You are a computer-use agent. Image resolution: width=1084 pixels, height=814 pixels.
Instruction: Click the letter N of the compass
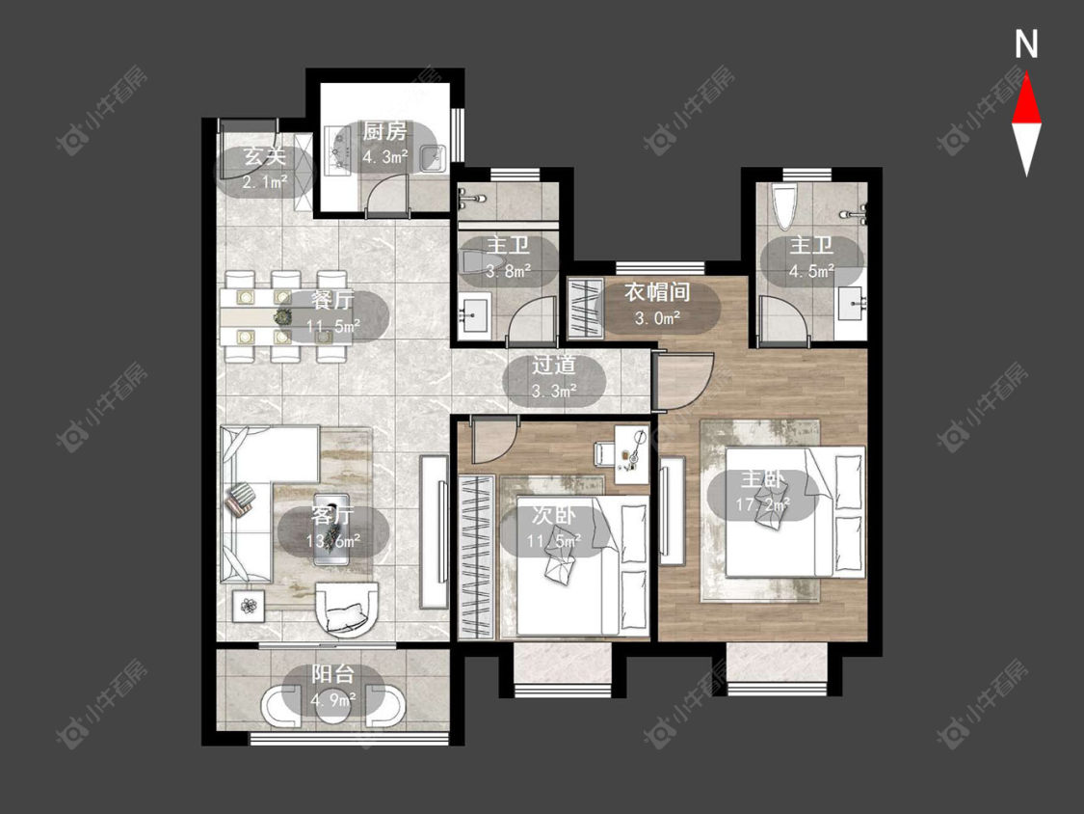[x=1026, y=45]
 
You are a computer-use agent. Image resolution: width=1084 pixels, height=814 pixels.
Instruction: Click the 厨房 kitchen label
[x=384, y=131]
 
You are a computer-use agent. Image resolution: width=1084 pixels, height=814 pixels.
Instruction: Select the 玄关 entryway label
[x=264, y=156]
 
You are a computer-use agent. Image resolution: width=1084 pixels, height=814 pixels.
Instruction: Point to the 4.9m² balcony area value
[x=333, y=699]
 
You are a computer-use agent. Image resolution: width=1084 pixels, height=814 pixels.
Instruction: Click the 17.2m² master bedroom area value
[x=762, y=504]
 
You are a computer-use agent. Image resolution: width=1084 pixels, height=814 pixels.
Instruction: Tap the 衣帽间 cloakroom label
[x=657, y=292]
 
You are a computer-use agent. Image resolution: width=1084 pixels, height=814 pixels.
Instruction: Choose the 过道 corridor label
[x=554, y=365]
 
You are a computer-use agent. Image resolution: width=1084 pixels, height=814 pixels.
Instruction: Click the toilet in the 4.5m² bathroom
[x=784, y=207]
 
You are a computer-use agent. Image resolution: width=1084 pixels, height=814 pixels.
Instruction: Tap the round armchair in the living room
[x=347, y=610]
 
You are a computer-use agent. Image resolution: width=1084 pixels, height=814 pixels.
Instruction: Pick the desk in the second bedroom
[x=632, y=453]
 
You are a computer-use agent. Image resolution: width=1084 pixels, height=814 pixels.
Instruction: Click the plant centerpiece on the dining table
[x=282, y=317]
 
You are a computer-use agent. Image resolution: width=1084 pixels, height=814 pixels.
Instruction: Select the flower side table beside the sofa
[x=249, y=607]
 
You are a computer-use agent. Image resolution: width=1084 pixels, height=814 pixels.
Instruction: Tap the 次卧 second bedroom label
[x=554, y=516]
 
